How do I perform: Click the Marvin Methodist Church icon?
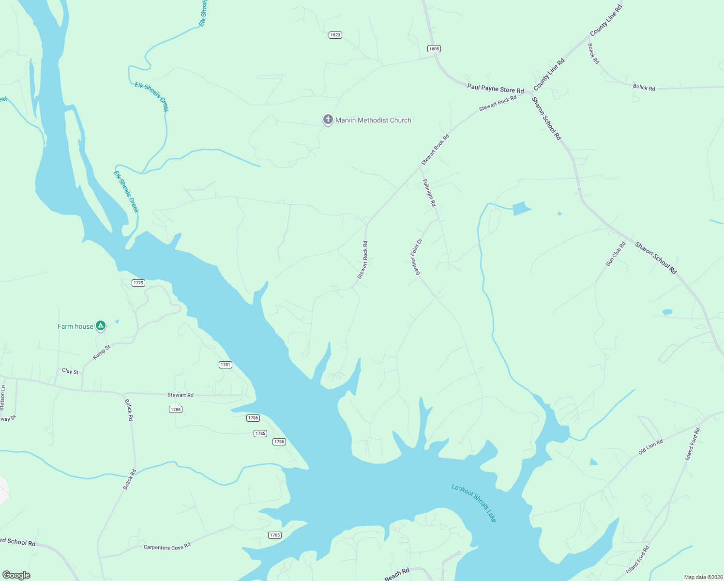pos(328,120)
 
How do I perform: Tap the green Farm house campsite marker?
pos(100,326)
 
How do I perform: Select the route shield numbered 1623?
pos(335,35)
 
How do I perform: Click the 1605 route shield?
pos(434,48)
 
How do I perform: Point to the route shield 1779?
pos(138,283)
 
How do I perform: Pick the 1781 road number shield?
pos(226,365)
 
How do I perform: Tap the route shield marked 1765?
pos(275,535)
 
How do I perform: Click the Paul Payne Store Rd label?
pos(496,89)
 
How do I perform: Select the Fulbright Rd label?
pos(429,193)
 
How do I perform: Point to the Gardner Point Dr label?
pos(419,257)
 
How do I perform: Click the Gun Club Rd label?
pos(616,254)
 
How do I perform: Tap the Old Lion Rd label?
pos(650,447)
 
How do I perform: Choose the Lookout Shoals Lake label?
pos(474,503)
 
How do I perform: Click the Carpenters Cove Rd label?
pos(167,547)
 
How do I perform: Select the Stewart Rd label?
pos(181,395)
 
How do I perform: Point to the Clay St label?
pos(70,371)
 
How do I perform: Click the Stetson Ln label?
pos(2,398)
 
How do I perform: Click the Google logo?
pos(16,575)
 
